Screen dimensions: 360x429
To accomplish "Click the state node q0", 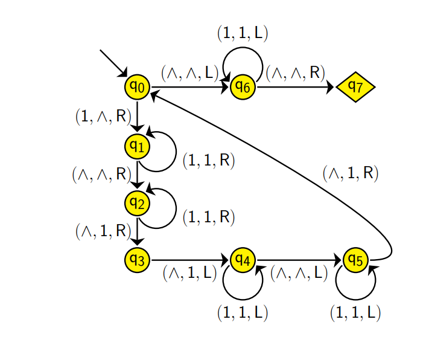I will click(138, 88).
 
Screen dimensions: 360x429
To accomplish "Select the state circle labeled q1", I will click(138, 146).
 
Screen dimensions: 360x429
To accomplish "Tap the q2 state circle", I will click(138, 203).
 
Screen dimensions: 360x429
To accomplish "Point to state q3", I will click(138, 260).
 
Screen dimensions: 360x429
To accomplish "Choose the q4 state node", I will click(243, 260).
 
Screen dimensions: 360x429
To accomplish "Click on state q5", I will click(355, 260).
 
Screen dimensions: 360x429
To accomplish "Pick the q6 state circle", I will click(243, 88).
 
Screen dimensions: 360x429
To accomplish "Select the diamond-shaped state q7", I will click(356, 88).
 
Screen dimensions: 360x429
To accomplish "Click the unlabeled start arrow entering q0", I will click(113, 62).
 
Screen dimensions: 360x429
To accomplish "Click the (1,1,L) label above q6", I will click(243, 34).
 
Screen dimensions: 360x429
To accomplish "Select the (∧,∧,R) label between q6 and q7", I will click(295, 73).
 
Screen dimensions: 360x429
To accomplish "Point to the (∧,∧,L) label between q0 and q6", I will click(189, 73).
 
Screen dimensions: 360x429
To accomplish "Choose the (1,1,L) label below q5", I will click(355, 312).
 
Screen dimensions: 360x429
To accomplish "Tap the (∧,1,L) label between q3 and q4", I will click(189, 273).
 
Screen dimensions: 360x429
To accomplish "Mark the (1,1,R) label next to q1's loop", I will click(208, 161).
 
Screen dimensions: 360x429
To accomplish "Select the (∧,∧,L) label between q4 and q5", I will click(299, 273).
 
